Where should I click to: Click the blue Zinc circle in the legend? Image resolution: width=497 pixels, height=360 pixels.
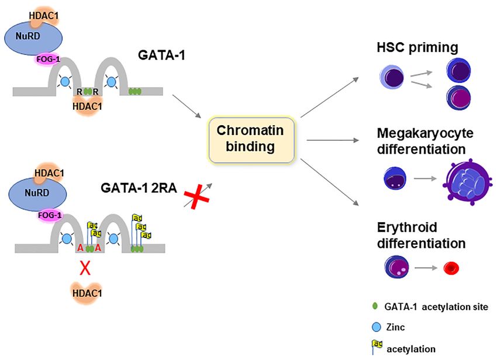click(375, 328)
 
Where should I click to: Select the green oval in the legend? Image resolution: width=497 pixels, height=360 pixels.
click(375, 306)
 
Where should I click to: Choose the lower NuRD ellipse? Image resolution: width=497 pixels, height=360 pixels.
click(36, 193)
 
